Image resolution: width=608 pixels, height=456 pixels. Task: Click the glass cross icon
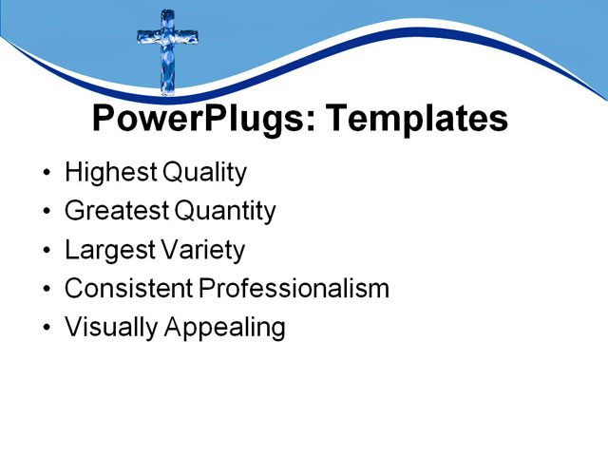pos(167,51)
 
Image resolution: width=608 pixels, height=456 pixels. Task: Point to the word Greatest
pos(114,211)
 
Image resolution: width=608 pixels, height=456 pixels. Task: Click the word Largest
pos(107,250)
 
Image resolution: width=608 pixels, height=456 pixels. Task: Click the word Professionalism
pos(294,289)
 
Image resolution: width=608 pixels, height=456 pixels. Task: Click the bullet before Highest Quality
pos(48,175)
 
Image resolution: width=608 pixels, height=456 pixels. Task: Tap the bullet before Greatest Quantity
pos(48,213)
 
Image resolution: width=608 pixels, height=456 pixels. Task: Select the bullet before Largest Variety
pos(48,252)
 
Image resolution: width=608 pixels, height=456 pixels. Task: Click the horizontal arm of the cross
pos(167,38)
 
